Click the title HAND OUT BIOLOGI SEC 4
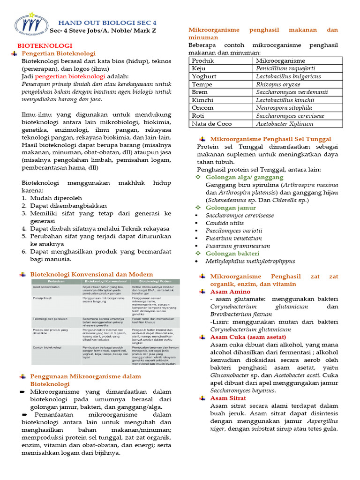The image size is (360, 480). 107,22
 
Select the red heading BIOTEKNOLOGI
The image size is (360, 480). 45,45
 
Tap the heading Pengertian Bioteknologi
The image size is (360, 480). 63,53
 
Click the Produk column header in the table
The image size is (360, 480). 203,60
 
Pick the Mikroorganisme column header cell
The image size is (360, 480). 280,60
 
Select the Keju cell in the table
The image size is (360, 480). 199,68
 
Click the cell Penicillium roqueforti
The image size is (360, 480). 288,68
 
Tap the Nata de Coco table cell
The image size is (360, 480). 211,124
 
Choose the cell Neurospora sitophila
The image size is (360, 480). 284,108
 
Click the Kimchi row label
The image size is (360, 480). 202,100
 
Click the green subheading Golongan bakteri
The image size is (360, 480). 232,253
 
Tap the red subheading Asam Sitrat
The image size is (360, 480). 228,398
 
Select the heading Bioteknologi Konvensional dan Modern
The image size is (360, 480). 91,274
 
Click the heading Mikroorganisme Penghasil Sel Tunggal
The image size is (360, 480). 270,139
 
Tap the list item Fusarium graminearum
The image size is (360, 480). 238,246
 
